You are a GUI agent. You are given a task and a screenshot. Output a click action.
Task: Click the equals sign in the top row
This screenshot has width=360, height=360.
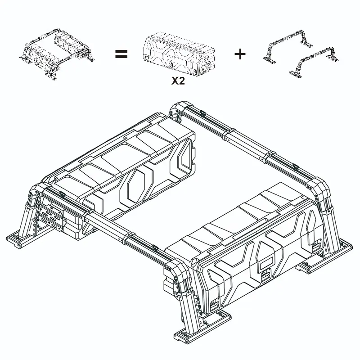click(121, 54)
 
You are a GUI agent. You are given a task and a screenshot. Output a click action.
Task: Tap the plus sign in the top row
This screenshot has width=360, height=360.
click(240, 54)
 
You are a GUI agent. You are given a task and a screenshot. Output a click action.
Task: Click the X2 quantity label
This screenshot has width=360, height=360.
click(178, 81)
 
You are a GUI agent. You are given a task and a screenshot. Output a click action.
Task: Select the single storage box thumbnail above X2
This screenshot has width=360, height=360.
click(179, 54)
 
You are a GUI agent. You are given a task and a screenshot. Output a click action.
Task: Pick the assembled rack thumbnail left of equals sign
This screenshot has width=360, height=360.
click(57, 54)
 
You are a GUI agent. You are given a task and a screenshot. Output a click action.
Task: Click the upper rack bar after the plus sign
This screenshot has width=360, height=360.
click(288, 45)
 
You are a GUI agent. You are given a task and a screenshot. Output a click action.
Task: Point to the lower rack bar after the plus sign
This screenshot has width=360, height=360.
click(314, 62)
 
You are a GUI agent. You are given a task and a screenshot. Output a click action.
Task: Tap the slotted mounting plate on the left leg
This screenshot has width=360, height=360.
click(52, 217)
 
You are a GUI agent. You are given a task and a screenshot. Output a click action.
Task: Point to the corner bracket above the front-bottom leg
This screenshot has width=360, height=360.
click(177, 271)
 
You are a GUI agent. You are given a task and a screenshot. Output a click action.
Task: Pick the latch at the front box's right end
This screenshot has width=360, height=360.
click(317, 246)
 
